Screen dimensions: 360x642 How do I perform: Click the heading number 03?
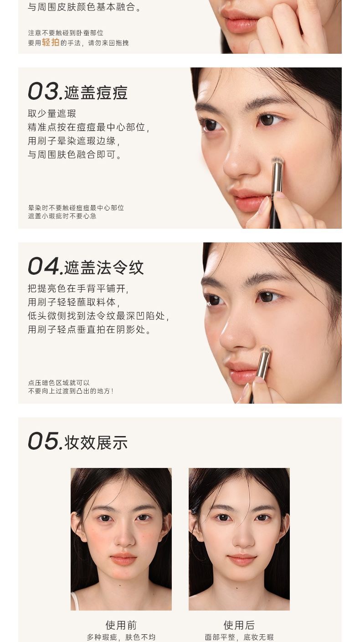tap(45, 92)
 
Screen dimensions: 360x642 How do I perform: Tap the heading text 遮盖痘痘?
tap(96, 92)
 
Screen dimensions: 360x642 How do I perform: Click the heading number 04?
tap(45, 266)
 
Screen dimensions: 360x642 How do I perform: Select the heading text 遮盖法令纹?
tap(104, 267)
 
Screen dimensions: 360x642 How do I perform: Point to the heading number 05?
tap(45, 441)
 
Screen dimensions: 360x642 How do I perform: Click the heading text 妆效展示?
tap(96, 442)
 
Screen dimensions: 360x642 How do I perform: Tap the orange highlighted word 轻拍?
tap(51, 42)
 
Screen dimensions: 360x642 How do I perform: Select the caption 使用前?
tap(121, 625)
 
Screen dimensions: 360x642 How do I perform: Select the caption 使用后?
tap(239, 625)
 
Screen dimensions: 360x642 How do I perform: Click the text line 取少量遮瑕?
tap(52, 113)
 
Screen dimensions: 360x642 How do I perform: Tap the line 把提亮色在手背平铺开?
tap(78, 288)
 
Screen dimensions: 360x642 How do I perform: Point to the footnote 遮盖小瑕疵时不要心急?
tap(62, 216)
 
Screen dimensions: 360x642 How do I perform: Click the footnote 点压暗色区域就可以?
tap(59, 383)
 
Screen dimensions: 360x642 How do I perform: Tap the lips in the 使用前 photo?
tap(123, 559)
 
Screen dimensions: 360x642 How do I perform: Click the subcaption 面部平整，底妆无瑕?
tap(239, 637)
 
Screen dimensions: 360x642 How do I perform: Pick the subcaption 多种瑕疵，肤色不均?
tap(121, 637)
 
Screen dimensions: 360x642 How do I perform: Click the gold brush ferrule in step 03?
tap(277, 178)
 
